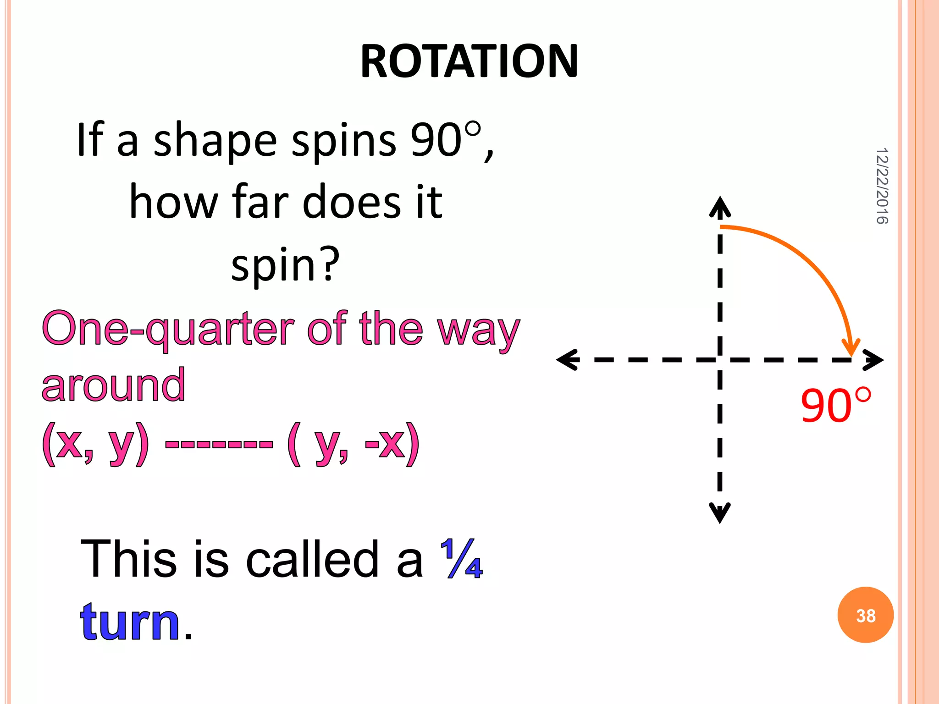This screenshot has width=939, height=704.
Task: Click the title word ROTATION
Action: pyautogui.click(x=469, y=61)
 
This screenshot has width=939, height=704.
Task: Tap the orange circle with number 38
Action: pyautogui.click(x=865, y=615)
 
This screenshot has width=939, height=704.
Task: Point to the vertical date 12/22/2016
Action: pyautogui.click(x=882, y=186)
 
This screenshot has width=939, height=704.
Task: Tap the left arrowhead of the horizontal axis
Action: pyautogui.click(x=567, y=360)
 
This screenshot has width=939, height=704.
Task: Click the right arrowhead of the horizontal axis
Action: pyautogui.click(x=873, y=360)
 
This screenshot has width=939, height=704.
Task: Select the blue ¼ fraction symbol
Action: pyautogui.click(x=461, y=559)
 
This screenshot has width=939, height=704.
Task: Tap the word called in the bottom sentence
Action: pyautogui.click(x=312, y=559)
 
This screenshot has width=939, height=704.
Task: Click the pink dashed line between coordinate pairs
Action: pyautogui.click(x=219, y=444)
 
